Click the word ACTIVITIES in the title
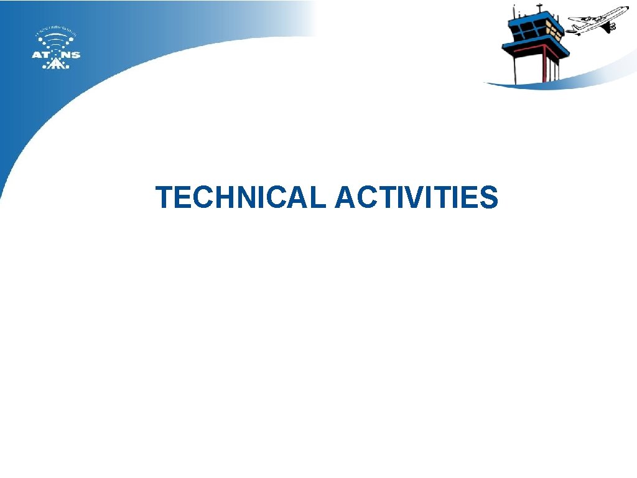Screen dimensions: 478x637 point(416,197)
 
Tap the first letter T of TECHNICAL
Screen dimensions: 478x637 point(165,197)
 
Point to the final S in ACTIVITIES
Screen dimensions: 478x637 point(488,197)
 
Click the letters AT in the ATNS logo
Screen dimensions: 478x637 point(40,54)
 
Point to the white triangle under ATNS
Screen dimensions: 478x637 point(56,63)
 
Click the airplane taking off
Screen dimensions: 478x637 point(597,21)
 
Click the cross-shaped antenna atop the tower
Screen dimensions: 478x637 point(539,7)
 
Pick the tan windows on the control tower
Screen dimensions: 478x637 point(554,30)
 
